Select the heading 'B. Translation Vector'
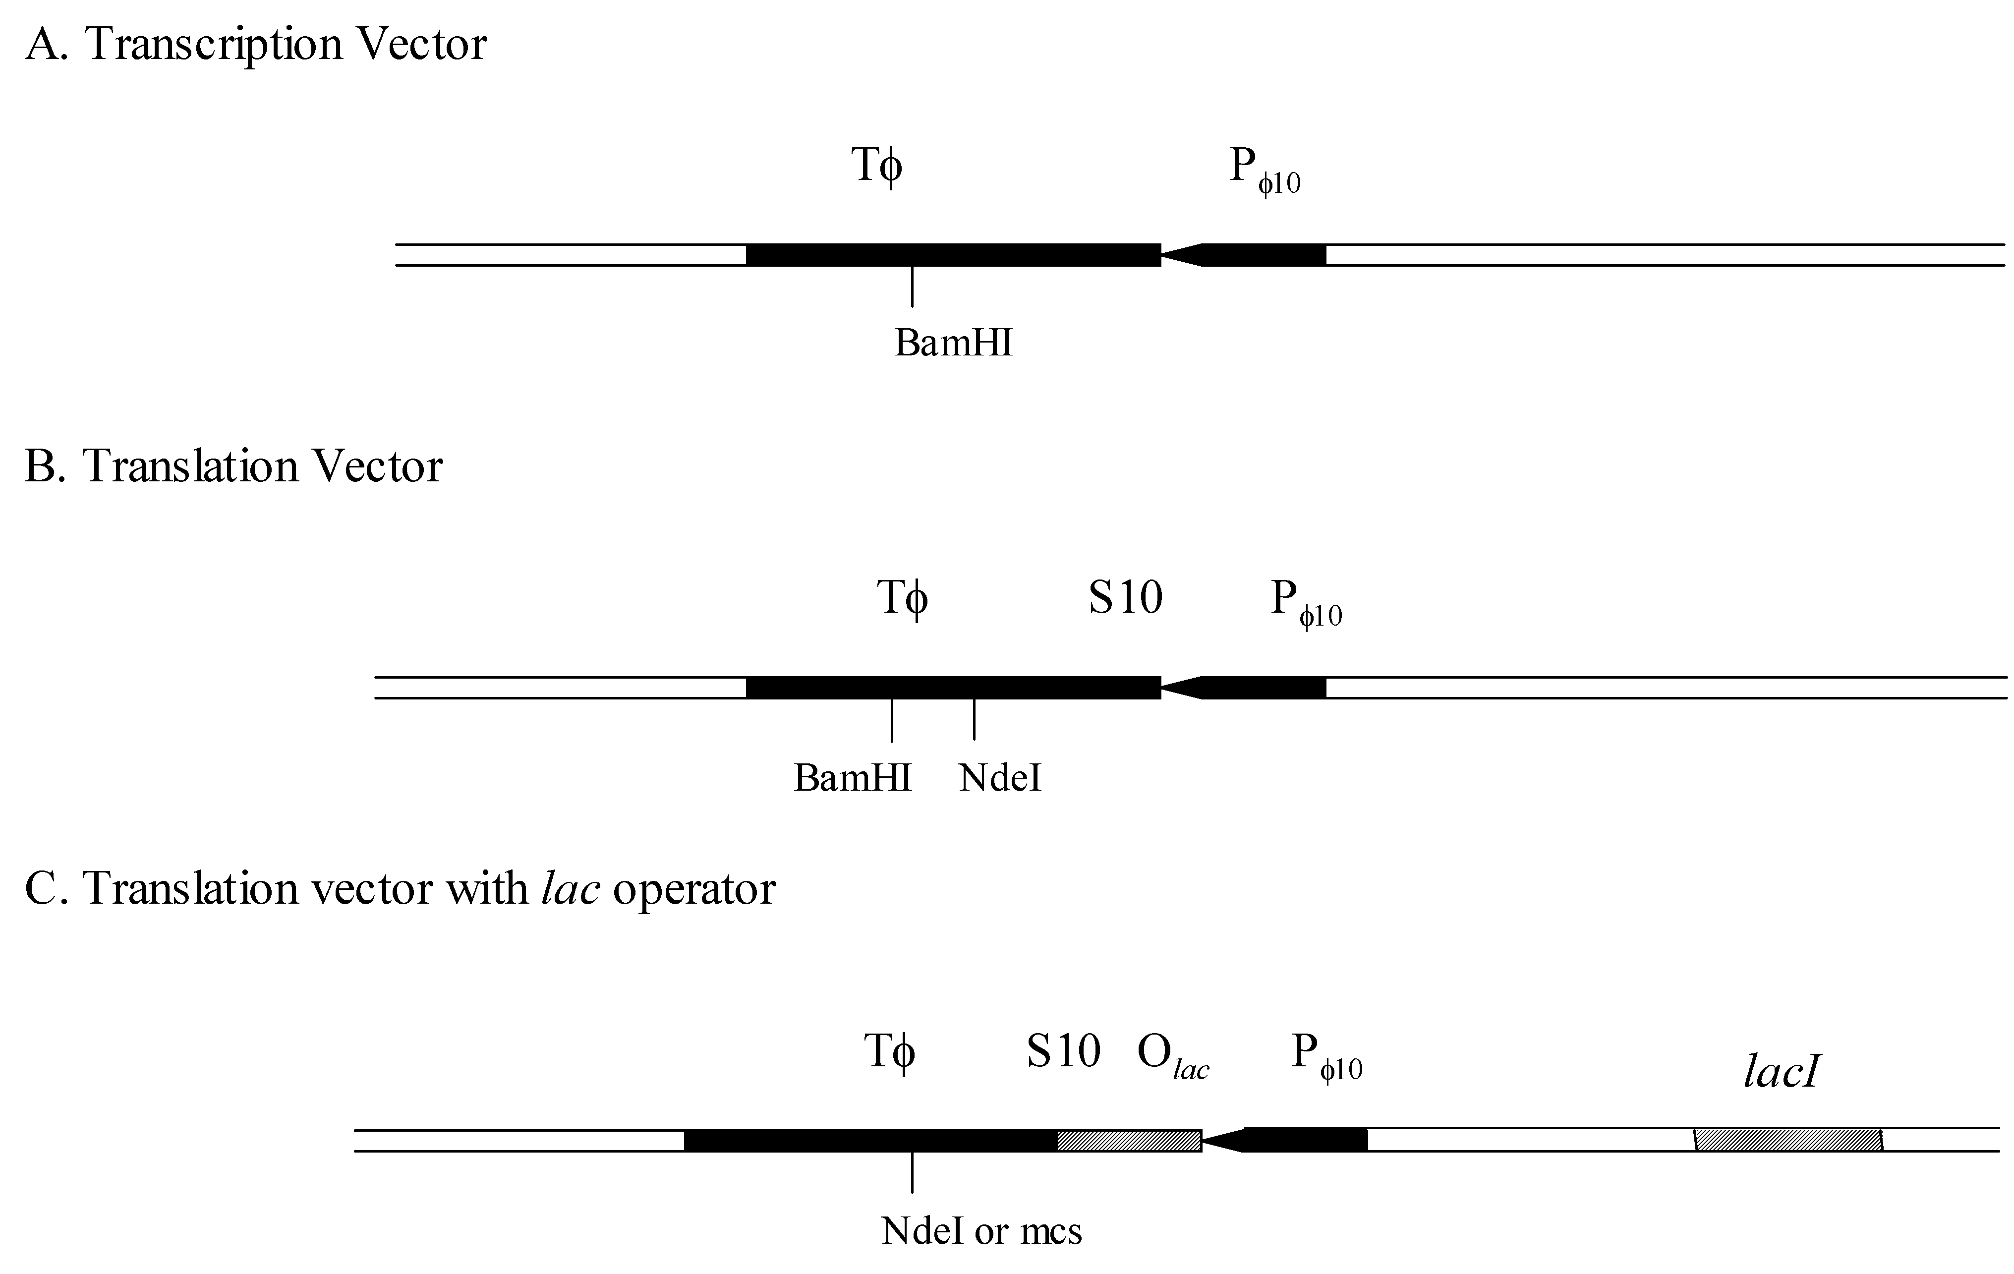(x=233, y=466)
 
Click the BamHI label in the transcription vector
(x=954, y=343)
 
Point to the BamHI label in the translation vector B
(x=852, y=777)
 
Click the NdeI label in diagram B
(x=1000, y=778)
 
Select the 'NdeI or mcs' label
(x=981, y=1230)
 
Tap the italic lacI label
(x=1782, y=1072)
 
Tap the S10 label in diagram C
(x=1063, y=1051)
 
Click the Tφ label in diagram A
(x=877, y=166)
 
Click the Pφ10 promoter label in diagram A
(x=1264, y=170)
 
